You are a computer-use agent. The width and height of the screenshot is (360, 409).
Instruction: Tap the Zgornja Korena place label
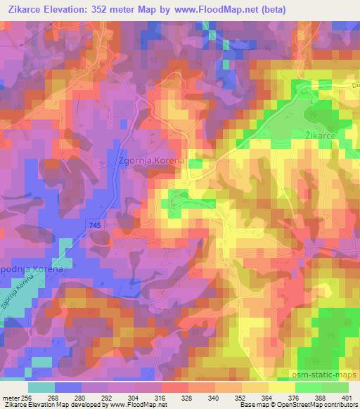pos(151,160)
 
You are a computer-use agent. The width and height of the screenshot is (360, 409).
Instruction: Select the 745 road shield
pos(96,223)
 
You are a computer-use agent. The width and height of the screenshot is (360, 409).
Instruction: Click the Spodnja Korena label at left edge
pos(22,269)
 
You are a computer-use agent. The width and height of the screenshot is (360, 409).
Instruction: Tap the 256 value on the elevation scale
pos(27,398)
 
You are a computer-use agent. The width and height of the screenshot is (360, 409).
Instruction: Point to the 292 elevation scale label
pos(108,398)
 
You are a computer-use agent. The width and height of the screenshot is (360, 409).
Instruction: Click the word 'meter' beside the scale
pos(10,398)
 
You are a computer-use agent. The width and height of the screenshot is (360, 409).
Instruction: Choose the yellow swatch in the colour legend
pos(281,387)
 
